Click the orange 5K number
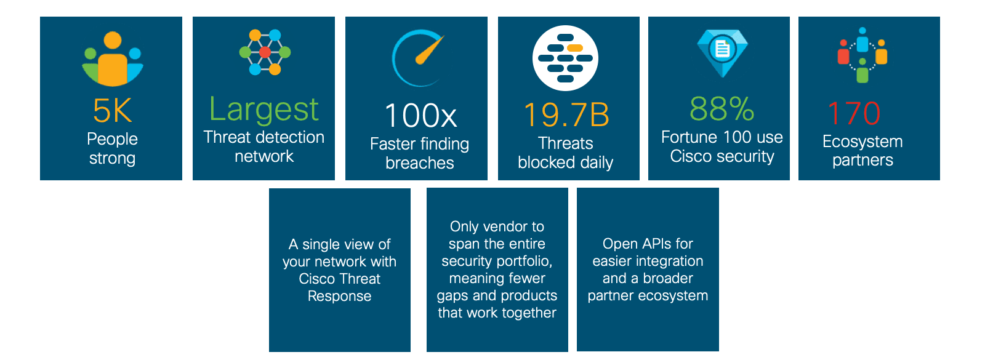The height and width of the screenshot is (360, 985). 112,111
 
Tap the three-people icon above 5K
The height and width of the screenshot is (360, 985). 112,60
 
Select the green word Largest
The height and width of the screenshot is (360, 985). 263,110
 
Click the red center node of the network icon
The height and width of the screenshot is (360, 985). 265,52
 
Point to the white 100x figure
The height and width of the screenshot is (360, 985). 420,116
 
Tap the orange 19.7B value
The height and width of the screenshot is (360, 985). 566,115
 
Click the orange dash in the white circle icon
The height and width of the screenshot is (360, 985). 575,47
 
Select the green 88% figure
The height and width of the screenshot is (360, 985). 722,110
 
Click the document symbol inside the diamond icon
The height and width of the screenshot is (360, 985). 722,49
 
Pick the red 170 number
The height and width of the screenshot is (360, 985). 854,114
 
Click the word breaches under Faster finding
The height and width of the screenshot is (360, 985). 420,163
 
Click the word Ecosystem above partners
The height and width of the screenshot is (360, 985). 862,142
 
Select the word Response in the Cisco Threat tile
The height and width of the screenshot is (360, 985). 339,296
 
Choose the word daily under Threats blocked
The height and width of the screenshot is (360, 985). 597,162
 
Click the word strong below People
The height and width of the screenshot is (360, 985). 112,158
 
